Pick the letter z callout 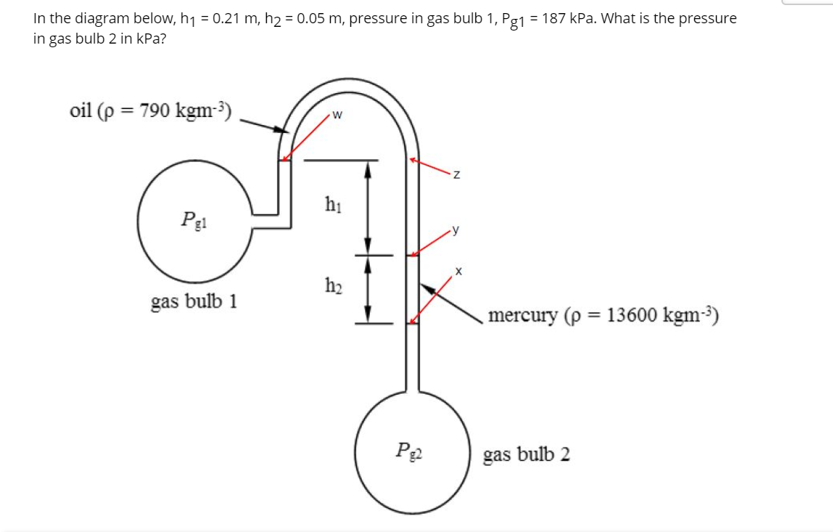456,174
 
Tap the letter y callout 456,233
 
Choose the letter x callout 459,270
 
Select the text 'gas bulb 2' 526,455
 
